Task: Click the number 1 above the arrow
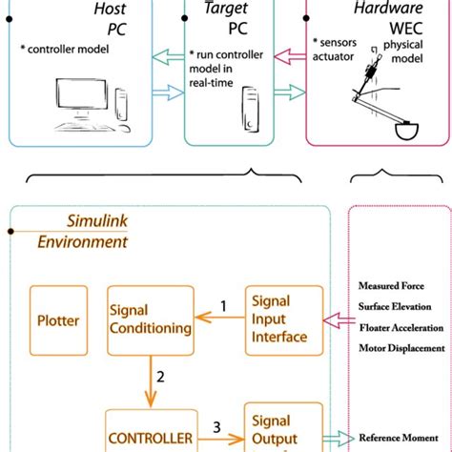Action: (x=223, y=306)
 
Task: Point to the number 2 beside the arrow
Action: (x=160, y=377)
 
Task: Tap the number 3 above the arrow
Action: (x=216, y=427)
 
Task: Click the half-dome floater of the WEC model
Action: (x=411, y=129)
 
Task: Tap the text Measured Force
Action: (x=391, y=285)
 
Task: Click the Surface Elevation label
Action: (x=395, y=306)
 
